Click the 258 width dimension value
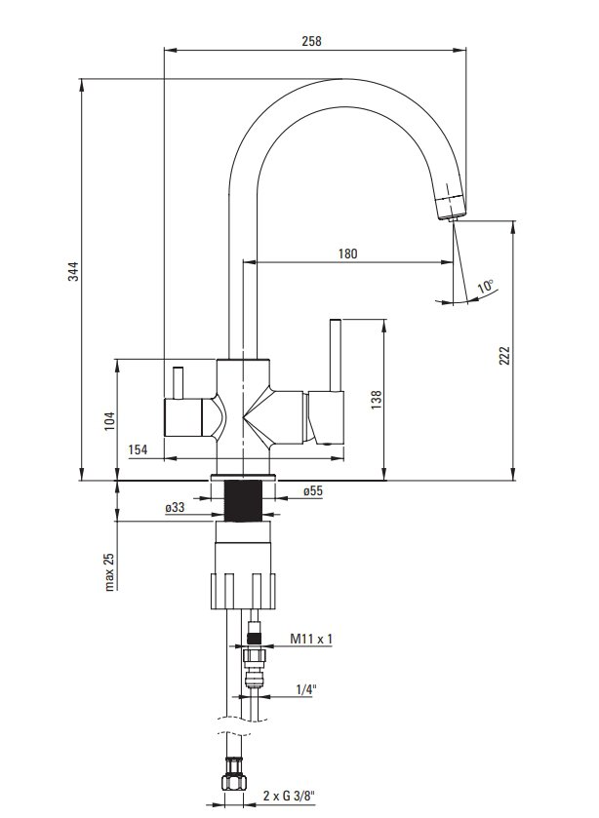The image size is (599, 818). [x=312, y=41]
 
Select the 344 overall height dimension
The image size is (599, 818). [x=75, y=271]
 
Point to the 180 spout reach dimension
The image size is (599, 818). [x=348, y=253]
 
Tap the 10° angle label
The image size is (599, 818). [x=486, y=286]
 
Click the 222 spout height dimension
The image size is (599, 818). [x=504, y=355]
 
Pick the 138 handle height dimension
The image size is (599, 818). [x=377, y=400]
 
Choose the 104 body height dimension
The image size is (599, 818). [x=109, y=421]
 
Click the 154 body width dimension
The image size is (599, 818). [x=138, y=449]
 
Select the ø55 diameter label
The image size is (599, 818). [x=313, y=490]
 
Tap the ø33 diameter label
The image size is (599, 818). [x=175, y=507]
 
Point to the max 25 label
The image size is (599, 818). [x=109, y=571]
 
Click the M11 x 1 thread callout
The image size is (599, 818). [x=311, y=638]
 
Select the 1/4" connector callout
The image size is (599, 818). [x=306, y=689]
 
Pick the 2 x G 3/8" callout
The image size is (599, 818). [x=289, y=796]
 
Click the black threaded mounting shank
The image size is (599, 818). [x=243, y=501]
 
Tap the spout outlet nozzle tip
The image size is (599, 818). [x=453, y=217]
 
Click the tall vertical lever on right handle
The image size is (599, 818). [x=336, y=354]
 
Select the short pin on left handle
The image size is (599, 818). [x=179, y=383]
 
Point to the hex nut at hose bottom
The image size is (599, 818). [x=234, y=780]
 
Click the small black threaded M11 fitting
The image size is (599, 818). [x=255, y=638]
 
